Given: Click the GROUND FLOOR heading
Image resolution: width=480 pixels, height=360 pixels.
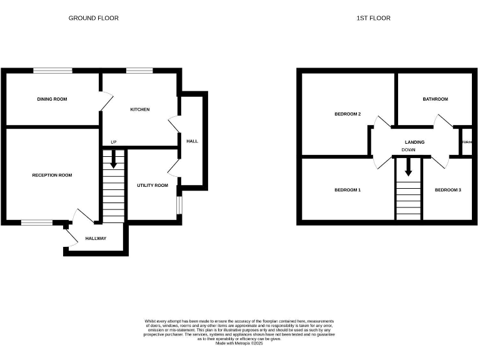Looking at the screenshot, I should pos(93,18).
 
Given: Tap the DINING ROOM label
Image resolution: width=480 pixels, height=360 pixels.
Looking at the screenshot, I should pos(52,99).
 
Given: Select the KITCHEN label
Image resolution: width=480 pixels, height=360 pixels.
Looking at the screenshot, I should pos(139,109).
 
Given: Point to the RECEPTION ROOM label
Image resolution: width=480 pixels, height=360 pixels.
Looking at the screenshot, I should pos(52,176).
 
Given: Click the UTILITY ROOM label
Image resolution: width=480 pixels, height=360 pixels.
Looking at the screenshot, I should pos(152,186).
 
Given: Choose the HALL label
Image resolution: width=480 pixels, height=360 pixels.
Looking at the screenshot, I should pos(192,141).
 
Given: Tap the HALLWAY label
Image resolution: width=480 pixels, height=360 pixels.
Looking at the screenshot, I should pos(96,239).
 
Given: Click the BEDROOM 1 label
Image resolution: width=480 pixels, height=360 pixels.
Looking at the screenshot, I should pos(347,190).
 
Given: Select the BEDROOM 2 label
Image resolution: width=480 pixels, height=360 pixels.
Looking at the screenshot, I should pos(347,114).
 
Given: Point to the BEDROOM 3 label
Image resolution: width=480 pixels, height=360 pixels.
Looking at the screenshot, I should pos(448,190).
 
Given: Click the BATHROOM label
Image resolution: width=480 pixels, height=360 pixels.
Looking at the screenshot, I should pos(435,99).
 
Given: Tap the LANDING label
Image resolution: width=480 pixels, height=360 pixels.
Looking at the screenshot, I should pos(414,142).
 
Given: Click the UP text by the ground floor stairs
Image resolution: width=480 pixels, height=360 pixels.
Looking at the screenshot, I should pos(113,142).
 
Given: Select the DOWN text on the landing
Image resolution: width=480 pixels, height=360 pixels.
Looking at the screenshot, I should pos(409,151).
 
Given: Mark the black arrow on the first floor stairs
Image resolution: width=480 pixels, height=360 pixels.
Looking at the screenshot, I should pos(409,167).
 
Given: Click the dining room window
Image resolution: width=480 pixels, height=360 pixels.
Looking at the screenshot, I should pos(52,71).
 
